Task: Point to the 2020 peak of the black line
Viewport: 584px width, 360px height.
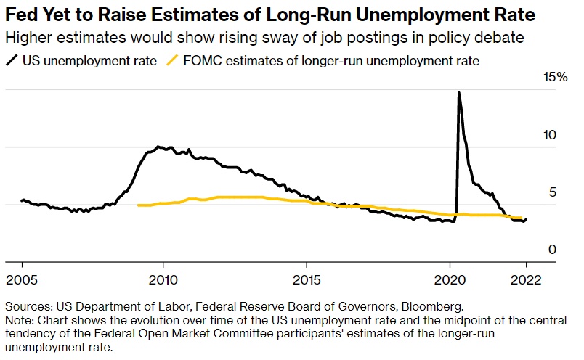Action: [x=458, y=93]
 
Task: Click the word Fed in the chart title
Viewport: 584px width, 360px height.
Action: [x=21, y=14]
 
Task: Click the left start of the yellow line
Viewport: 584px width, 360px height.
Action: [x=138, y=205]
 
